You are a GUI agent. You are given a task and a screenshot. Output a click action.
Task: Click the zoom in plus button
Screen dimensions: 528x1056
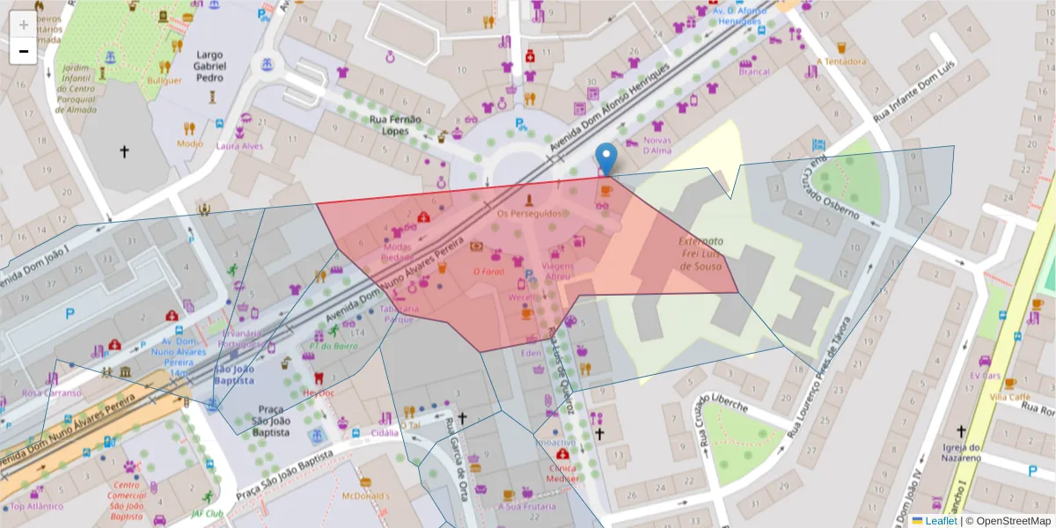23,25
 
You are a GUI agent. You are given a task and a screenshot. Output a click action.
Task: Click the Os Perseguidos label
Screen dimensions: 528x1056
529,214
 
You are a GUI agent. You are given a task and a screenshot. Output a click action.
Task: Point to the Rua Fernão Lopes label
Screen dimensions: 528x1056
395,124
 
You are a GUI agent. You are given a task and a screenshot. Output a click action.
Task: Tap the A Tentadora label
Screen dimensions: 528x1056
841,62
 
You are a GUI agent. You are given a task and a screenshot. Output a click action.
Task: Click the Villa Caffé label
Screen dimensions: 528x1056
1009,397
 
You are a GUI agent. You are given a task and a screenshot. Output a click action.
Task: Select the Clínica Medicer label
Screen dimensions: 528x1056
562,473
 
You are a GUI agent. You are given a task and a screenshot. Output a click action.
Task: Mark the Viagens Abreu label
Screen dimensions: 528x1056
557,270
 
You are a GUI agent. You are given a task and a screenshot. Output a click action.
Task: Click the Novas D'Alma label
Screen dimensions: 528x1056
657,145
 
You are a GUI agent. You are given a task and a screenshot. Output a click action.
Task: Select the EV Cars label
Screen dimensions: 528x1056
986,376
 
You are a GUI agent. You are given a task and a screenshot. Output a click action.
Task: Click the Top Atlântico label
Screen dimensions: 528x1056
36,506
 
